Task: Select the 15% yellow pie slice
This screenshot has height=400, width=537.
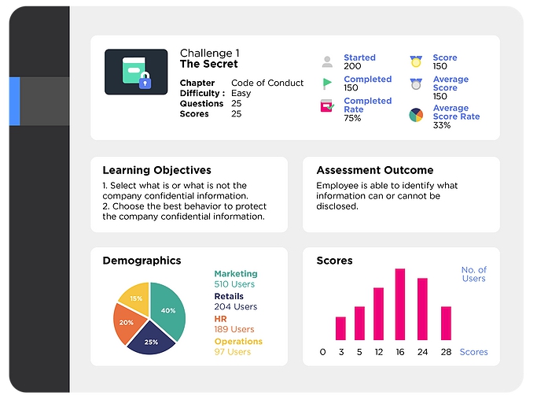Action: click(x=136, y=298)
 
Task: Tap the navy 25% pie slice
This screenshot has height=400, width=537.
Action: click(x=151, y=339)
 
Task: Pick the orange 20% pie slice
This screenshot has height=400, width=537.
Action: click(x=127, y=323)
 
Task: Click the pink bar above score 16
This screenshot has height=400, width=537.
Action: click(x=400, y=304)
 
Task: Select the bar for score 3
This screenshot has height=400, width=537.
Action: click(x=340, y=328)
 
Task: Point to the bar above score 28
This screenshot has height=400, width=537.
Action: click(x=446, y=323)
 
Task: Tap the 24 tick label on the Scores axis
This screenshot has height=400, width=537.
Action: click(x=423, y=352)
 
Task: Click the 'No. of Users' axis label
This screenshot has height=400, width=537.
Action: click(x=474, y=274)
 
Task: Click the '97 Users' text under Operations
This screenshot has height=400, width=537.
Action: click(x=233, y=352)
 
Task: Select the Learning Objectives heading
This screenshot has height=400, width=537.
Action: click(x=156, y=170)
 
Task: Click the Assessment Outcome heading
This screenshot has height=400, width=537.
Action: click(x=375, y=170)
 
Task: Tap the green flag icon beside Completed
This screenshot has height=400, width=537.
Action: click(x=327, y=83)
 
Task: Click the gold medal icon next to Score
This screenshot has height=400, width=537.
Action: click(x=416, y=61)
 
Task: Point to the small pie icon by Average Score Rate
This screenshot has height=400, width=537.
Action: click(x=416, y=115)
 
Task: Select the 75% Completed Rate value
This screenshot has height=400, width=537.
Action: click(x=352, y=118)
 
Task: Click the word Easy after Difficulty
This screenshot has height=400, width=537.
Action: click(x=241, y=94)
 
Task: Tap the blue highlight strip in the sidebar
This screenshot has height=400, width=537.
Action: click(x=14, y=102)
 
